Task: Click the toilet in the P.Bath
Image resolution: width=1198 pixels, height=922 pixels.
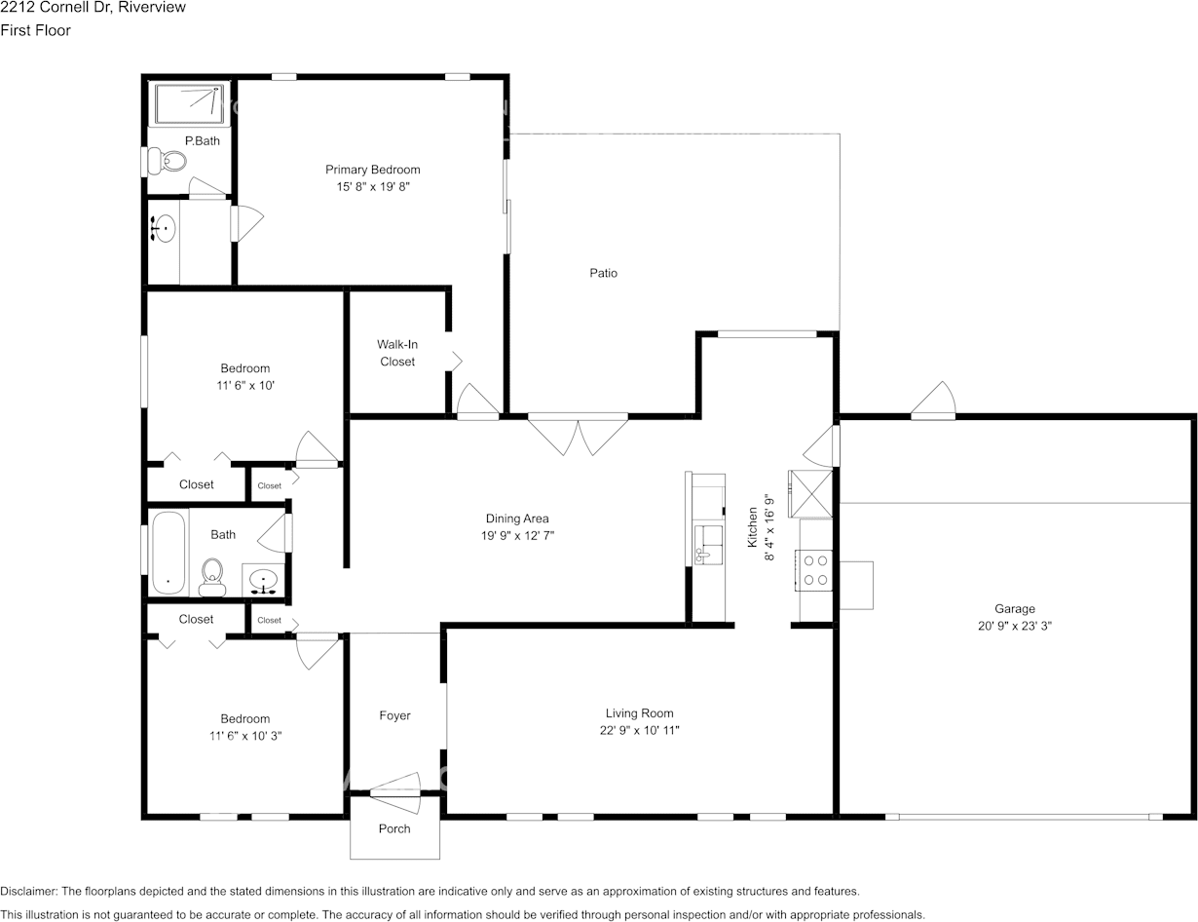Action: tap(168, 161)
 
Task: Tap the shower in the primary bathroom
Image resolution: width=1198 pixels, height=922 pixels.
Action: tap(190, 103)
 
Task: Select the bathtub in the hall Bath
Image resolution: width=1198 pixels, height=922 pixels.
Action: tap(168, 553)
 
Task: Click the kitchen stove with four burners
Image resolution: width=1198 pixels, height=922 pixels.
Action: tap(813, 570)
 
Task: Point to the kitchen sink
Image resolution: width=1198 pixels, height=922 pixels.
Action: tap(708, 543)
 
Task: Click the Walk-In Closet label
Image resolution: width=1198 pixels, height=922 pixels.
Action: tap(397, 353)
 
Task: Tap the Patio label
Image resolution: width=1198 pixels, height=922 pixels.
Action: tap(603, 273)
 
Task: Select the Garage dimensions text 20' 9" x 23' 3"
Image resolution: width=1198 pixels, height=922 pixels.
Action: tap(1015, 626)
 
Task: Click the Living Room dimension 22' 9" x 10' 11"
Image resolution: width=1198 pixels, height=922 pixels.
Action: tap(640, 730)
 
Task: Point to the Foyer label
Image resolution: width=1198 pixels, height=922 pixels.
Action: tap(394, 715)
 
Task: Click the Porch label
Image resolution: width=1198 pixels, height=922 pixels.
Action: tap(394, 828)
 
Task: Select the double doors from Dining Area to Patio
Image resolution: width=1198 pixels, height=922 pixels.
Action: tap(578, 436)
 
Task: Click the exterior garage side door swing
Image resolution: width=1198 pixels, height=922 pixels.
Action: tap(933, 400)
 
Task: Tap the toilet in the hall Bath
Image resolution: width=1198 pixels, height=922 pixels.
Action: tap(212, 577)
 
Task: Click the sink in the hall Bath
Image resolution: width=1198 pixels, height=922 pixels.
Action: tap(264, 581)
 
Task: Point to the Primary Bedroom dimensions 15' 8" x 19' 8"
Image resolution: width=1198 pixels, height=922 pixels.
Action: tap(373, 186)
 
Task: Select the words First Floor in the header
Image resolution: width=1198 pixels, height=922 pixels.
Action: tap(35, 30)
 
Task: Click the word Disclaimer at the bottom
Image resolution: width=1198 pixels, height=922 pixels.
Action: tap(28, 891)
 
